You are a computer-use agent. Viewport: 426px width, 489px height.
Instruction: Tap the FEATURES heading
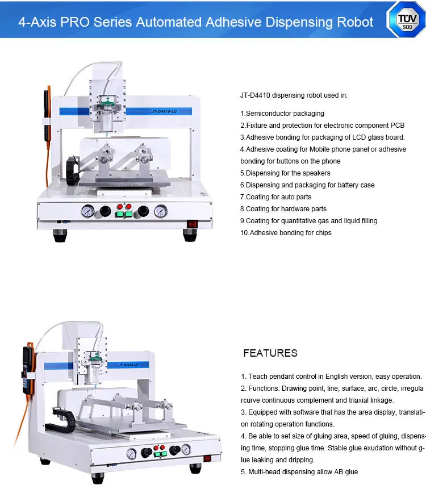point(270,353)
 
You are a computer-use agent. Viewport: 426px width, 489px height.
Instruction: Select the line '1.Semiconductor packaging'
point(282,114)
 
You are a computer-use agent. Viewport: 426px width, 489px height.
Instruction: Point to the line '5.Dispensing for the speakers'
point(285,173)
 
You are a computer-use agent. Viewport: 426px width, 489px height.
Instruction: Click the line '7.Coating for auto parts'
point(275,197)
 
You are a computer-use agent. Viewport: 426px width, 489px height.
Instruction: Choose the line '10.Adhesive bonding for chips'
point(285,233)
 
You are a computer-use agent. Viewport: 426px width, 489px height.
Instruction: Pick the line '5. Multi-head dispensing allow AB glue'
point(299,472)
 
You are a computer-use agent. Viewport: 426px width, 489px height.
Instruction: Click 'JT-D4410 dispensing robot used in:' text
point(293,95)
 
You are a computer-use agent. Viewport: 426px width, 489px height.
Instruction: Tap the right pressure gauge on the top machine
point(161,211)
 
